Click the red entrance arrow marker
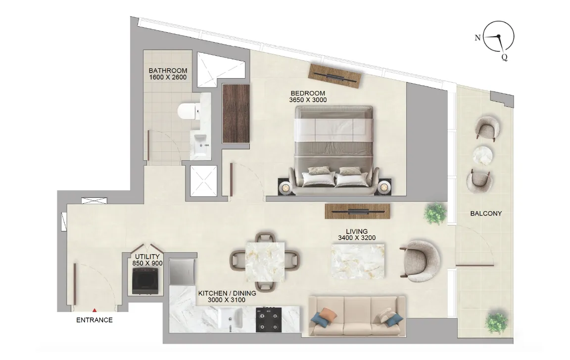95,310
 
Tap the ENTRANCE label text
95,320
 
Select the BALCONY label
486,214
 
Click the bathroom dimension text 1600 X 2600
168,78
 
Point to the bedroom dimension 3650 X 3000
308,100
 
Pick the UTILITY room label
147,257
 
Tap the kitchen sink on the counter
230,318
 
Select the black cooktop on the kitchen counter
268,319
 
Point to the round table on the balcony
483,155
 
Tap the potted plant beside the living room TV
435,213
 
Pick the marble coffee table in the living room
357,261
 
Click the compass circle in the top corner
498,37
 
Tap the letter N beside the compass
477,38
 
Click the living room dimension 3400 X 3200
357,238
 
